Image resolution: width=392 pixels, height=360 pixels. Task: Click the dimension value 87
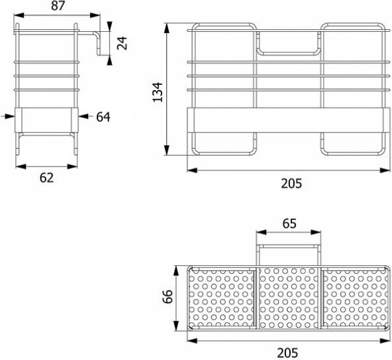coord(58,5)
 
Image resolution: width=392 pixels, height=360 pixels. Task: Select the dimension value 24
coord(122,43)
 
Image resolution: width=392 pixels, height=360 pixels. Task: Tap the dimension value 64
coord(103,117)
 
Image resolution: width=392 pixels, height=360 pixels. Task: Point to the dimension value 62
coord(46,178)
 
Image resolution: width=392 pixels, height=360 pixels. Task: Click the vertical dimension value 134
coord(158,92)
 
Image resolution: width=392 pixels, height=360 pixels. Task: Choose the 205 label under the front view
coord(291,184)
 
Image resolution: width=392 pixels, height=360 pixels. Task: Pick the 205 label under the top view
coord(287,353)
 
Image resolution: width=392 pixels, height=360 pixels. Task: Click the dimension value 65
coord(289,223)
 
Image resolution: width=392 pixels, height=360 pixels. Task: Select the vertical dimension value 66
coord(168,296)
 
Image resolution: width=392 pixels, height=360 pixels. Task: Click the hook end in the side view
coord(98,43)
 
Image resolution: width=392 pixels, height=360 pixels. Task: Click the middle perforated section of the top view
coord(289,298)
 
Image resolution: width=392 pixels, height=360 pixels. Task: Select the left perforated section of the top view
coord(222,298)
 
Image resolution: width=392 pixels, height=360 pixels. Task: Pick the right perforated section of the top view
coord(355,298)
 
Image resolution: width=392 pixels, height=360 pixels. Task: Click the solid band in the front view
coord(289,120)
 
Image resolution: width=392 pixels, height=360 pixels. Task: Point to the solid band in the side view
coord(46,120)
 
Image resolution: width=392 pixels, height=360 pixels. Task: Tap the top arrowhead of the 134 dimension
coord(167,28)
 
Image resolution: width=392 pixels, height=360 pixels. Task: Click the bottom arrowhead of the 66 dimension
coord(177,326)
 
